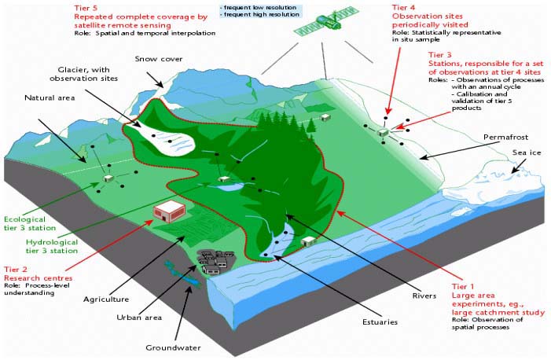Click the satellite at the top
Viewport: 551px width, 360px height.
(326, 21)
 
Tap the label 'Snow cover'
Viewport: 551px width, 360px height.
(159, 59)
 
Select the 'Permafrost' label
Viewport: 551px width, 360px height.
(505, 137)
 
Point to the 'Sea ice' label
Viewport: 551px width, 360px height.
(527, 152)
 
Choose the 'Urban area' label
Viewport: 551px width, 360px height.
(139, 318)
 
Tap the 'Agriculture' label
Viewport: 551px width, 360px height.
(106, 299)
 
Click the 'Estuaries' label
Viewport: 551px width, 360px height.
(380, 321)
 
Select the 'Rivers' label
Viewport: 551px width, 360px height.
(424, 296)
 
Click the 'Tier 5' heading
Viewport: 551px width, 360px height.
(86, 8)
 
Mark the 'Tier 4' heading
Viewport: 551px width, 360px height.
(404, 7)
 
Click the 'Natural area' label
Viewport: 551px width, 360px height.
(50, 97)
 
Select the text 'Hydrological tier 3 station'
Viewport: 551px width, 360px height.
(52, 246)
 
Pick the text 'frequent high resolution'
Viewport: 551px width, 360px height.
(262, 14)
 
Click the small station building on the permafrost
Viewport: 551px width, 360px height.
(382, 133)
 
